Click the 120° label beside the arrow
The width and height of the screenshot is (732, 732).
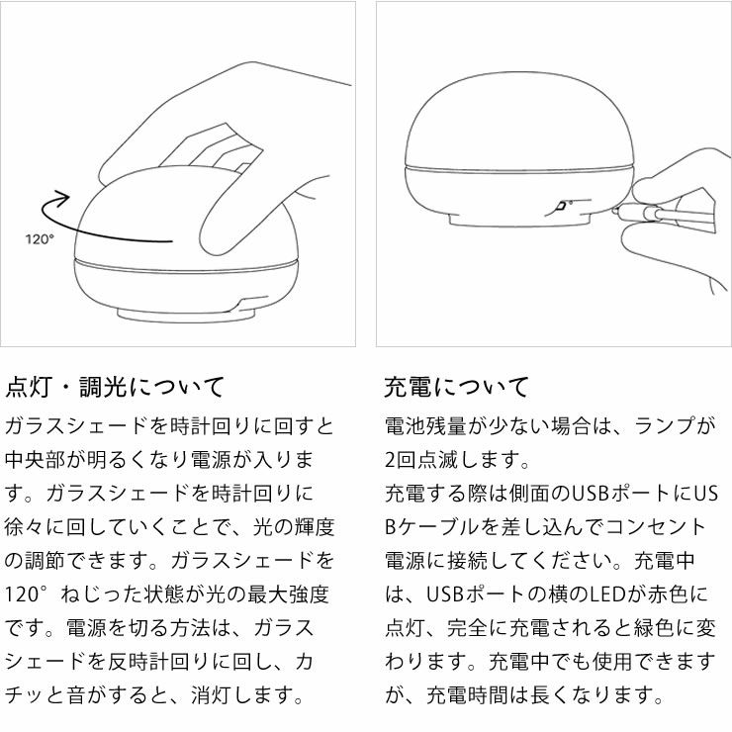[x=40, y=238]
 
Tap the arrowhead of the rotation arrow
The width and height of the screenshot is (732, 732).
[x=65, y=197]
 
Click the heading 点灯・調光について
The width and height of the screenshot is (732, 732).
[x=116, y=386]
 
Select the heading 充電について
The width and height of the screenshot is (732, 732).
[x=457, y=386]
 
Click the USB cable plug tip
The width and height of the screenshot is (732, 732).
[x=620, y=211]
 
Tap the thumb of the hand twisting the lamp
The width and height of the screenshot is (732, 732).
[x=228, y=223]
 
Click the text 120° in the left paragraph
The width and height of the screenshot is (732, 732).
[x=28, y=595]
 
